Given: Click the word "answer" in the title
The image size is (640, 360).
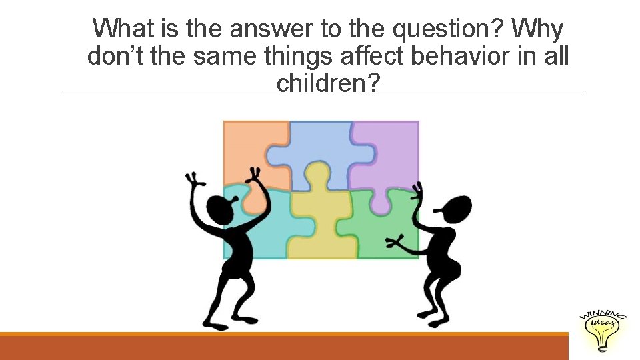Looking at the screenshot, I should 277,29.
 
